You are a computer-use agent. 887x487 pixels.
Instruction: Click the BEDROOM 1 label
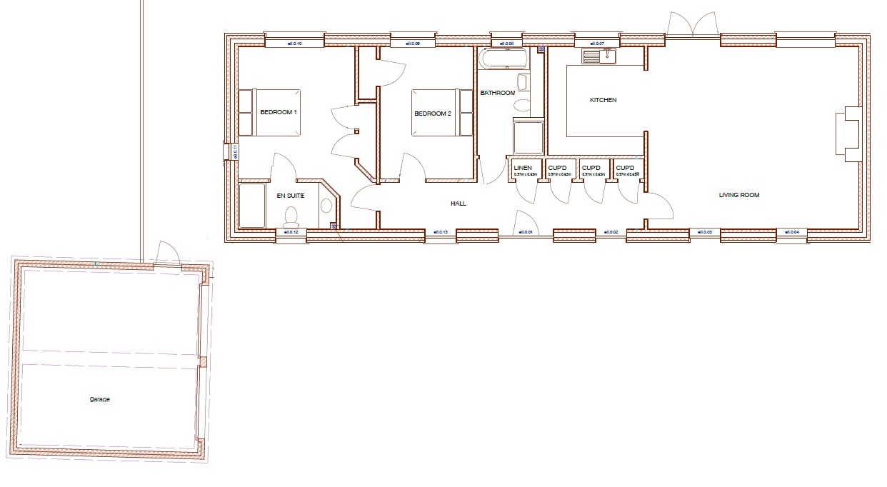click(x=278, y=113)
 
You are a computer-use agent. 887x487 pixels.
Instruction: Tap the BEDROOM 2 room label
click(x=433, y=113)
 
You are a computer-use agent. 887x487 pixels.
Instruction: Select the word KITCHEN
click(x=603, y=100)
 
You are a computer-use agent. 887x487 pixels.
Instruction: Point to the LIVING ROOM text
click(x=739, y=195)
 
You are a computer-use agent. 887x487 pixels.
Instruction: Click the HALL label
click(x=458, y=204)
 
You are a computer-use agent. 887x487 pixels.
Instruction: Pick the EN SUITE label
click(x=291, y=195)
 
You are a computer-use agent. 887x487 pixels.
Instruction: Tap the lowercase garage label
click(x=100, y=399)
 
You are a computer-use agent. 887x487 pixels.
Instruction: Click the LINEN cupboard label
click(x=523, y=168)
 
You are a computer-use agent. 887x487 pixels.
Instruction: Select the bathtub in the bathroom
click(x=503, y=59)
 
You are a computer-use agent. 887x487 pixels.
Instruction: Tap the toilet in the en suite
click(x=291, y=215)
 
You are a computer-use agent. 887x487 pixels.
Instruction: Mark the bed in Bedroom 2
click(x=442, y=112)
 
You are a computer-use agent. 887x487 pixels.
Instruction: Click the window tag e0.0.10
click(x=295, y=44)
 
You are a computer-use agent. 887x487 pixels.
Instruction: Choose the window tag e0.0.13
click(x=441, y=232)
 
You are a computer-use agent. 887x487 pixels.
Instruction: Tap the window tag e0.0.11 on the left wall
click(x=234, y=151)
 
